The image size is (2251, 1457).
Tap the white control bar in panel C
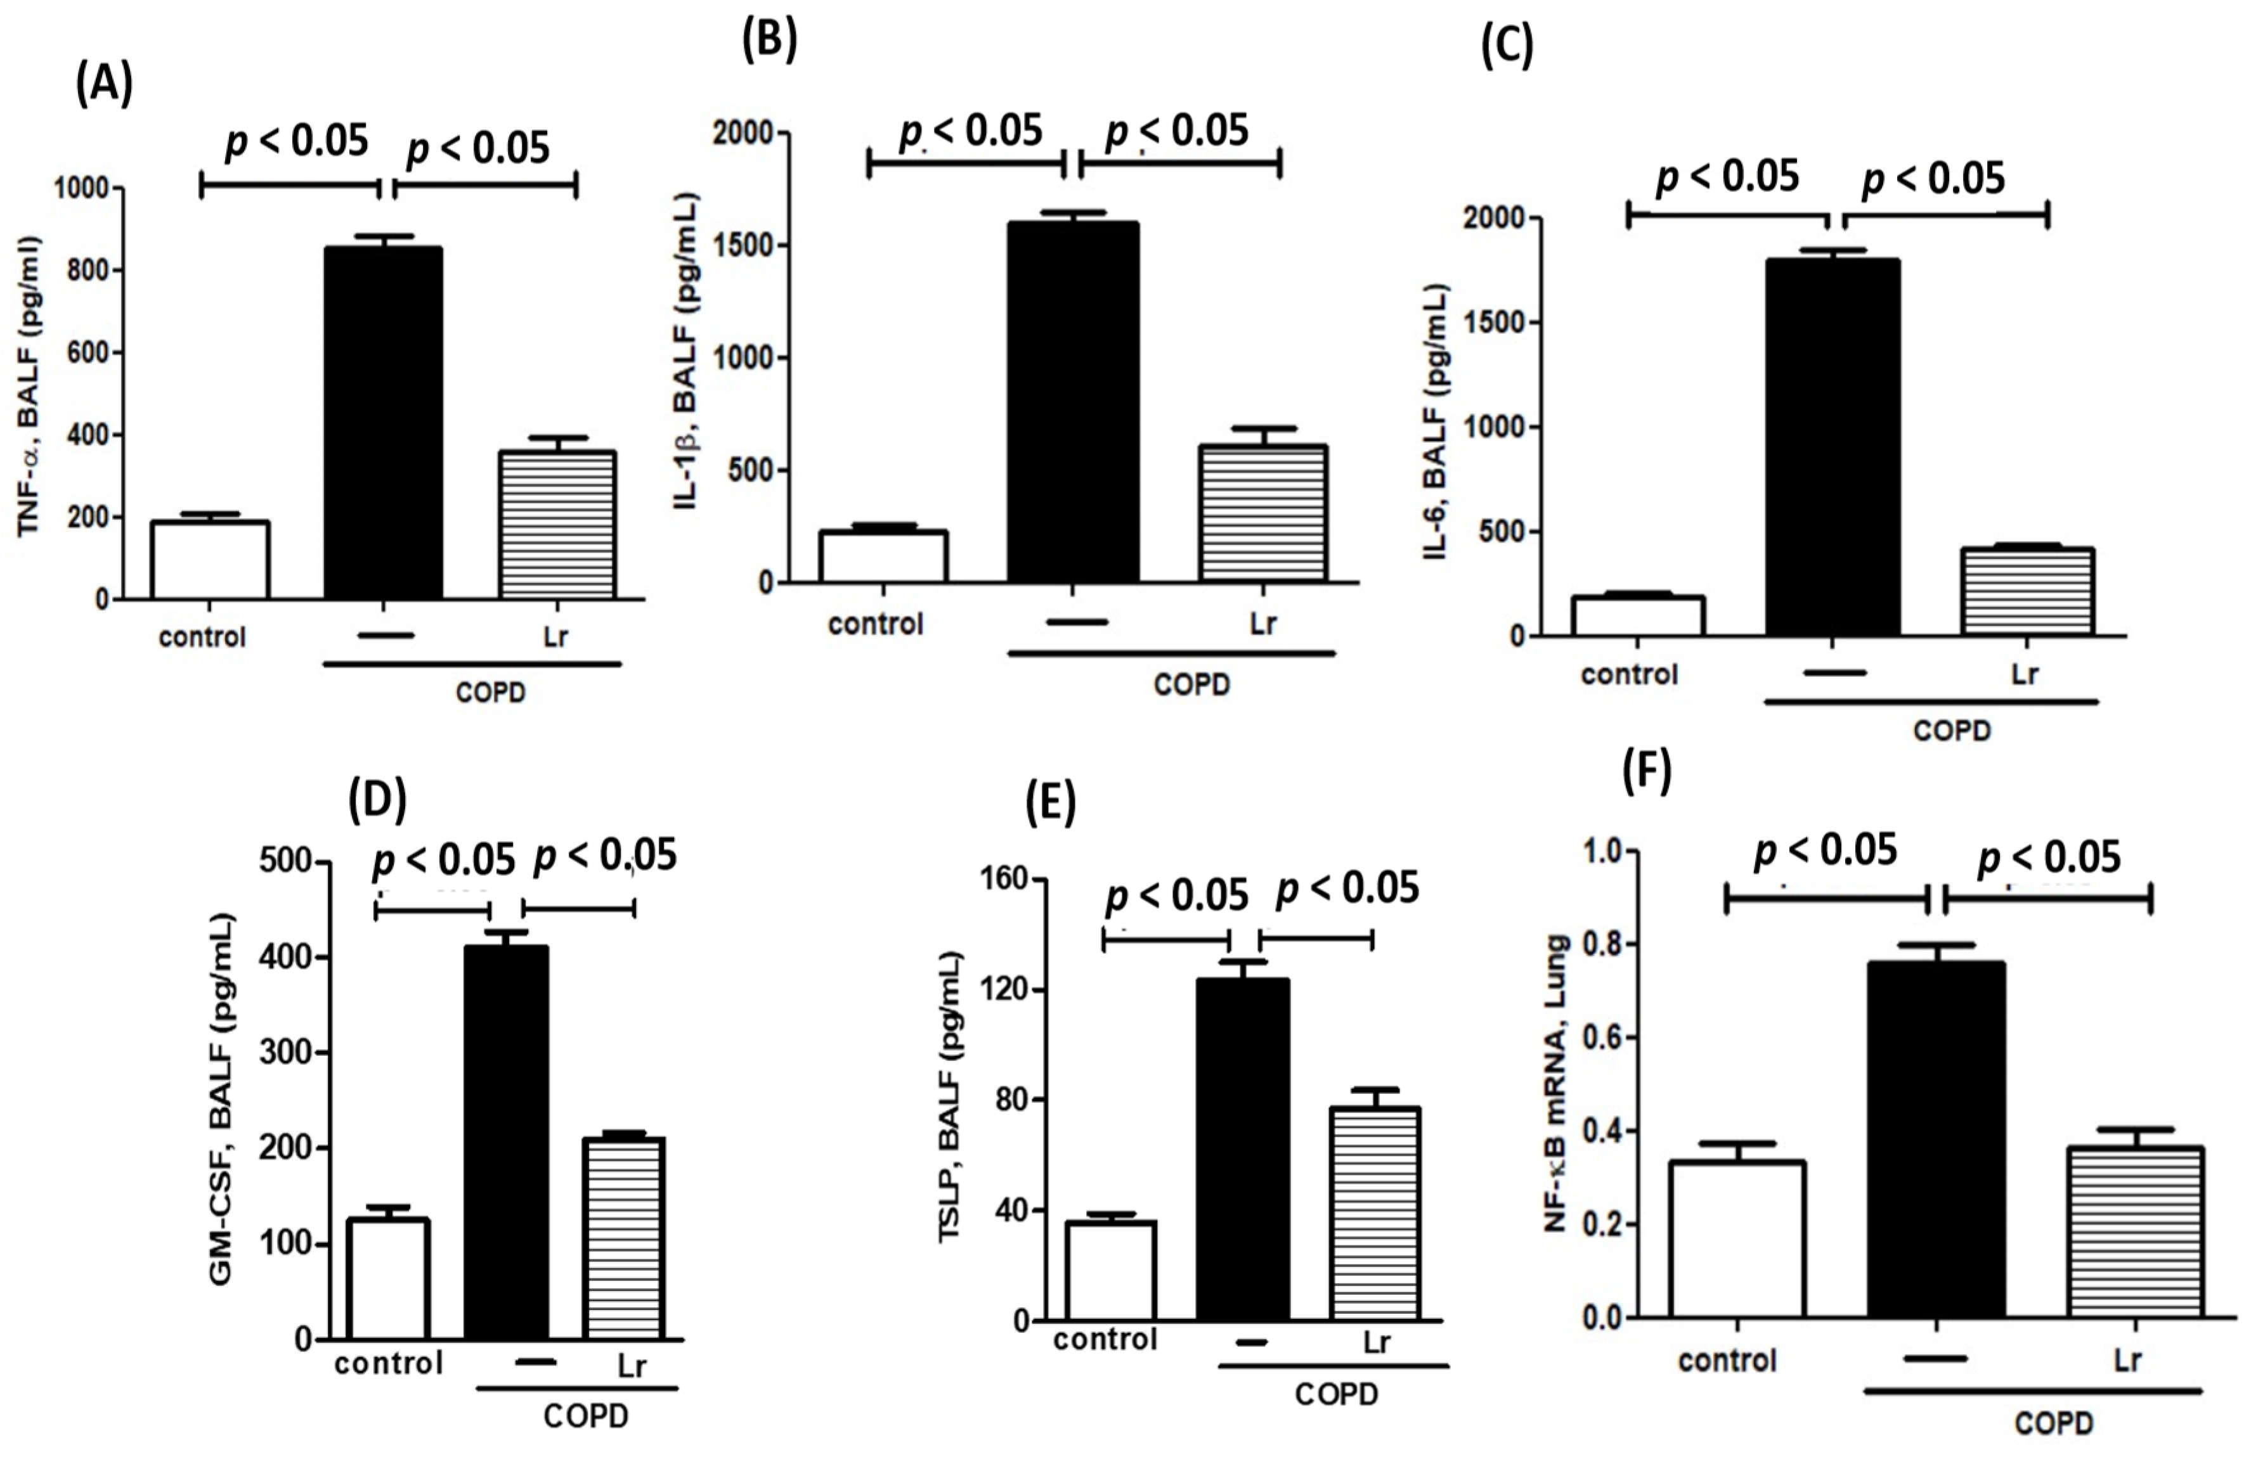pyautogui.click(x=1637, y=615)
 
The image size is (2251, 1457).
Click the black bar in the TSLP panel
pyautogui.click(x=1242, y=1149)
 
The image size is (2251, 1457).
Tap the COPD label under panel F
pyautogui.click(x=2053, y=1423)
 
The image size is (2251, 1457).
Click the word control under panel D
pyautogui.click(x=388, y=1363)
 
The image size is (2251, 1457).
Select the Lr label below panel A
pyautogui.click(x=556, y=636)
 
